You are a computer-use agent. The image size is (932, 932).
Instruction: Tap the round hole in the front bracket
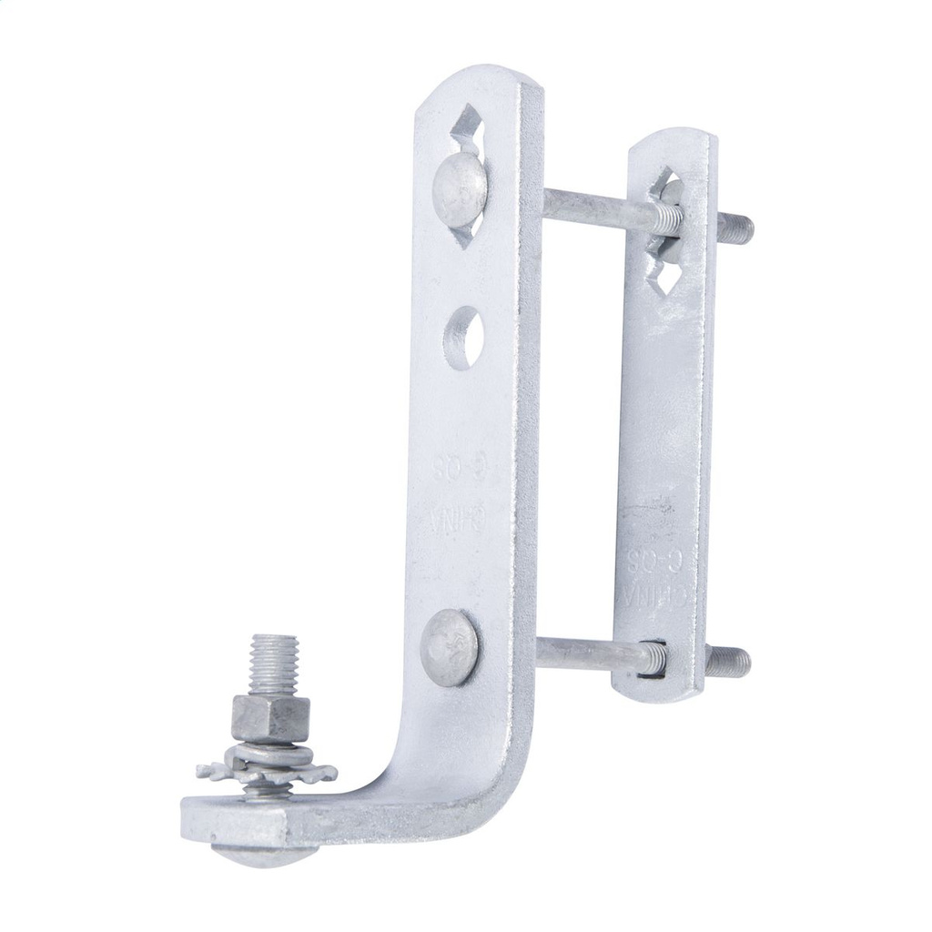point(463,338)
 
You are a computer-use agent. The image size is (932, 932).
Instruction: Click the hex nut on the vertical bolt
point(269,717)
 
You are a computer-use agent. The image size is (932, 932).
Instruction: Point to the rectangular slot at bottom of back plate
point(653,657)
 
